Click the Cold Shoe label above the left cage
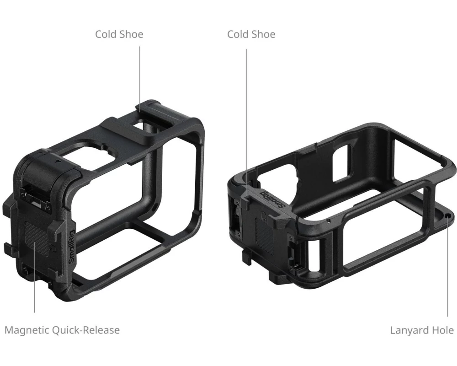click(x=119, y=34)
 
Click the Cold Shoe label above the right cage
click(x=251, y=34)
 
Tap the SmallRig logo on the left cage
click(x=72, y=247)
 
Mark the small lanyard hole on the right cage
click(x=448, y=215)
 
